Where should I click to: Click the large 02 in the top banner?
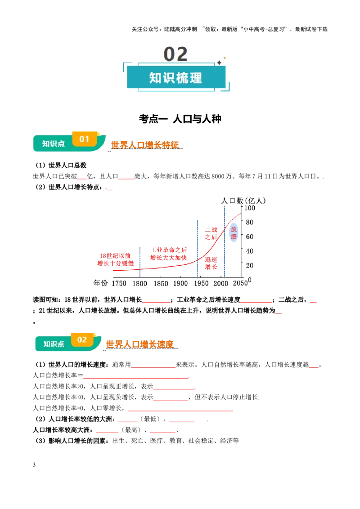(175, 54)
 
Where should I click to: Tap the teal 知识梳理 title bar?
(176, 77)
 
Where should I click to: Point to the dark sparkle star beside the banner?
(219, 63)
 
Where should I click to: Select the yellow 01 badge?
(84, 139)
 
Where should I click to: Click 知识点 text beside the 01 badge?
(53, 143)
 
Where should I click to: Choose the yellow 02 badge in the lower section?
(82, 339)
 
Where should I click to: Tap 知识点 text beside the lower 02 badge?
(54, 344)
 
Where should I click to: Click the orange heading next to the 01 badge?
(145, 144)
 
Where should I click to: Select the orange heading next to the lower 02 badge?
(140, 344)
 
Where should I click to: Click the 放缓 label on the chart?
(234, 233)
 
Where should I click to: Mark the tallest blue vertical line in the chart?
(225, 241)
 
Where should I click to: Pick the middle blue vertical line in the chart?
(196, 248)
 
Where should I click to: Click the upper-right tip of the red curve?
(239, 214)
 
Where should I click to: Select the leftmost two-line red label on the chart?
(115, 259)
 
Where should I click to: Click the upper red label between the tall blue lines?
(211, 233)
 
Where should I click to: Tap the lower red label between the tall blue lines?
(211, 263)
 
